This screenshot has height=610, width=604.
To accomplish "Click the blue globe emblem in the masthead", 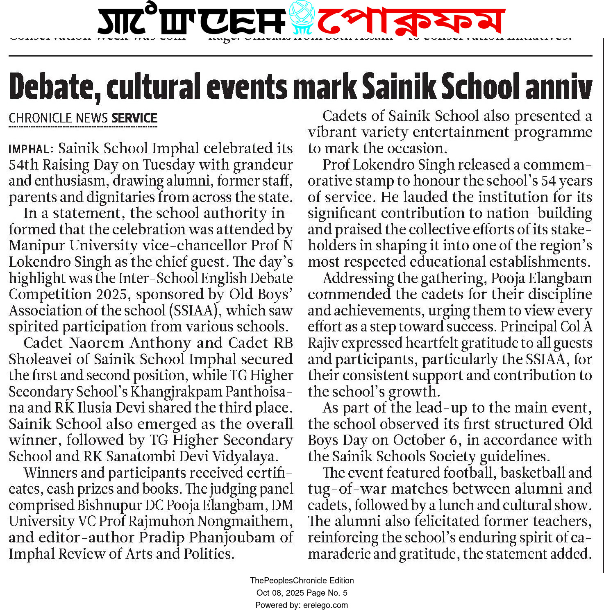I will tap(301, 18).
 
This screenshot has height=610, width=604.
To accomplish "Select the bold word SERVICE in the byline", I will tap(134, 118).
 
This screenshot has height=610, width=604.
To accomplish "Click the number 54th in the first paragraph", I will tap(24, 165).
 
